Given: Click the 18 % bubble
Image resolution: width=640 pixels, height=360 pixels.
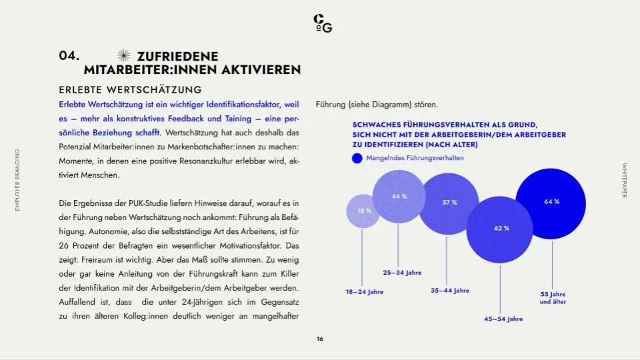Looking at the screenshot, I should [x=363, y=211].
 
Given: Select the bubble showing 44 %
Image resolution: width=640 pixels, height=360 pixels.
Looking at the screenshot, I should [x=399, y=196].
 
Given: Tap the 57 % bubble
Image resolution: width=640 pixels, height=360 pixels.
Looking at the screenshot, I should [x=449, y=203].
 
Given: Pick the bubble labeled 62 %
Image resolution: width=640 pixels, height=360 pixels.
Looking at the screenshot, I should [x=500, y=229].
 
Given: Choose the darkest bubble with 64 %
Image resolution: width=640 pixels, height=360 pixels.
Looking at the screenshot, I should [x=551, y=203].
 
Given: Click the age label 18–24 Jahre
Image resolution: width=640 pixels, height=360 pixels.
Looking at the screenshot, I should [x=364, y=292].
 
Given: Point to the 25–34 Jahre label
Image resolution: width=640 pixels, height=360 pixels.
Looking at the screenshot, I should [x=402, y=273].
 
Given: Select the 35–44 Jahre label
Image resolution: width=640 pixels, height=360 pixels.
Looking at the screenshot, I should [x=450, y=291].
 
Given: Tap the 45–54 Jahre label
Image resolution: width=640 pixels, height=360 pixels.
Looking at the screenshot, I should [x=503, y=319].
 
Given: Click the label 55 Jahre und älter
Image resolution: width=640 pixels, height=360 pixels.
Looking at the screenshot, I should [x=553, y=298].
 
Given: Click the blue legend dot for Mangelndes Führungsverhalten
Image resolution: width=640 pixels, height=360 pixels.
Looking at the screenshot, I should [x=357, y=159].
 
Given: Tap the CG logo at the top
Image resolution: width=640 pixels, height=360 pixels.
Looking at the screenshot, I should [x=323, y=23].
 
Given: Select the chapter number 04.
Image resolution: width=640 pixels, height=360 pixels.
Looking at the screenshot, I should [x=69, y=56].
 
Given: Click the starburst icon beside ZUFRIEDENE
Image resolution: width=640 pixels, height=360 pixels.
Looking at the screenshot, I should [x=123, y=57].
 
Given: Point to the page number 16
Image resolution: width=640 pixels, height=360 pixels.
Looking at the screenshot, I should [x=320, y=339].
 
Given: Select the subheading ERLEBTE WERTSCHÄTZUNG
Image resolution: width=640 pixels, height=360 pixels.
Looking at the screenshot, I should [x=130, y=89].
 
